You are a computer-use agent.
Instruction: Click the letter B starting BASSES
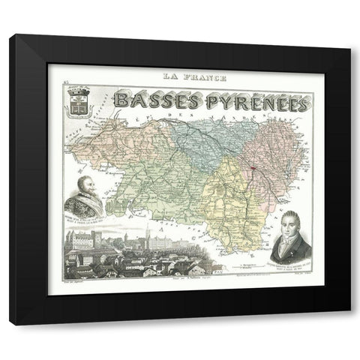coord(120,100)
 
